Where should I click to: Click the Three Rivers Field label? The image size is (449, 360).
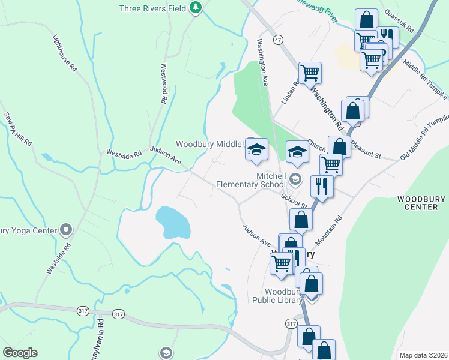tap(152, 8)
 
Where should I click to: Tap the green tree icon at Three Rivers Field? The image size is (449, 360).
tap(195, 8)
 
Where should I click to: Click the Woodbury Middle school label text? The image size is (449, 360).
tap(208, 144)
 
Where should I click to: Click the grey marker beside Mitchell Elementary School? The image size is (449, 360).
tap(295, 179)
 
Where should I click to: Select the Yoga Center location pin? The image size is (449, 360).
tap(66, 230)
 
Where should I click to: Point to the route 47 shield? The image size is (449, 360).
tap(277, 39)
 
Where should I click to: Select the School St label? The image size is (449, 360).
tap(290, 197)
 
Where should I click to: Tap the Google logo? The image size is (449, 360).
tap(20, 353)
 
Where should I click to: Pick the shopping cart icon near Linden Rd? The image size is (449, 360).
tap(310, 73)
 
